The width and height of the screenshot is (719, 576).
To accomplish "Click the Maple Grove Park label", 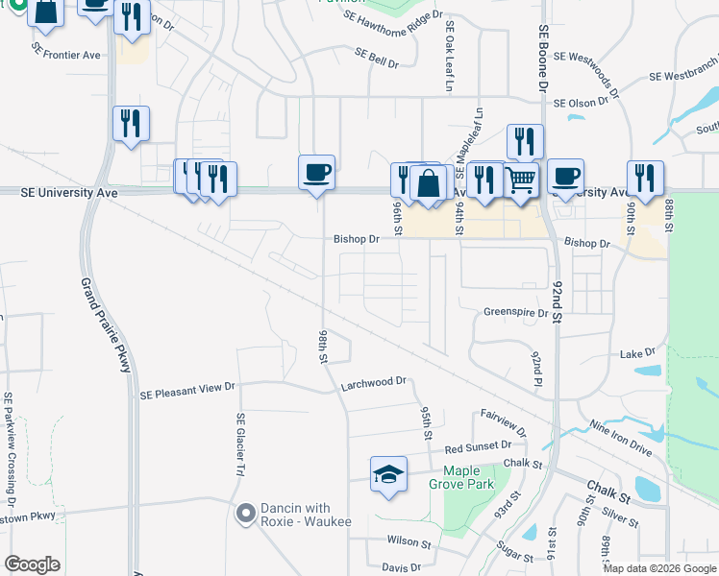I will [468, 477].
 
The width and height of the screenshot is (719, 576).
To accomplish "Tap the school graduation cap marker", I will [388, 474].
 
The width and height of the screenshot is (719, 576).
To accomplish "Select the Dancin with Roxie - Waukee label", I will [293, 516].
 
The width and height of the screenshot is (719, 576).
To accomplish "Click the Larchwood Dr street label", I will [374, 382].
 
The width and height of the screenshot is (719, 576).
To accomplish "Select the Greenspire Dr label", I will [515, 312].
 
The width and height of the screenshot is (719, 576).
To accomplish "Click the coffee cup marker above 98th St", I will [316, 174].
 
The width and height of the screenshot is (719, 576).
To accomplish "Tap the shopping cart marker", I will [520, 179].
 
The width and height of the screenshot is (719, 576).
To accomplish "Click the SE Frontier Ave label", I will [65, 55].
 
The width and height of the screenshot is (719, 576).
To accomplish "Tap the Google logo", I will [32, 565].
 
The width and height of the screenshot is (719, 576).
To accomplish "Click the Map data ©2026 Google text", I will [658, 568].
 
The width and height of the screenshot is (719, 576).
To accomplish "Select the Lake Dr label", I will [637, 353].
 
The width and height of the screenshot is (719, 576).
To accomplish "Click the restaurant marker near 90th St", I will [644, 179].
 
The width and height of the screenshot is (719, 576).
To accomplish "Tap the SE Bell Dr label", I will [376, 58].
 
